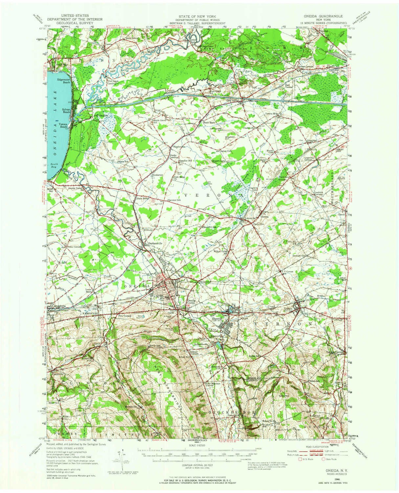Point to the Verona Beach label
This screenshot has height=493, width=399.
click(x=64, y=125)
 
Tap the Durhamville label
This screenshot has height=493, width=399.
click(x=153, y=244)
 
